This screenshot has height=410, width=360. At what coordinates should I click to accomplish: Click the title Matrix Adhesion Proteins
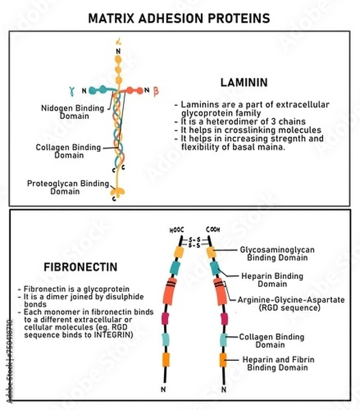(180, 17)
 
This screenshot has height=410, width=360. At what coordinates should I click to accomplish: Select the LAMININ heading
(243, 81)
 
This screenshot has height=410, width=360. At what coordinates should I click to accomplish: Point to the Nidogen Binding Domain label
(64, 111)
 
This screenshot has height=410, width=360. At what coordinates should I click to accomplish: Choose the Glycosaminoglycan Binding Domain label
(277, 254)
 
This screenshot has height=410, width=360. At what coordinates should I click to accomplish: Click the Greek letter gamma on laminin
(71, 91)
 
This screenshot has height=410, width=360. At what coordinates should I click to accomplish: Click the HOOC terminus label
(176, 230)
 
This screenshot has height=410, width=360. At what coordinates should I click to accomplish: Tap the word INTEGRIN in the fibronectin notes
(113, 335)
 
